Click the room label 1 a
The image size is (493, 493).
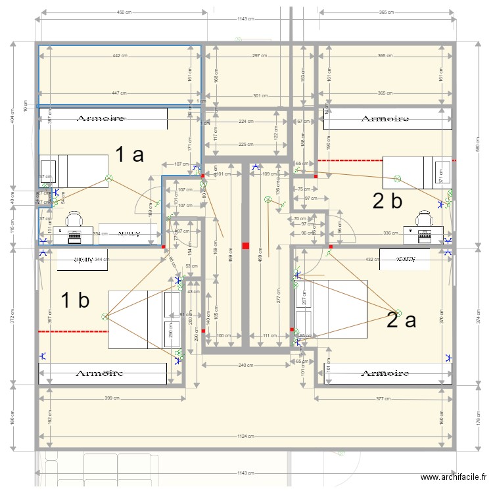(129, 155)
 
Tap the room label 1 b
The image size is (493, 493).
(75, 300)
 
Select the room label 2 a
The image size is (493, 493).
(401, 320)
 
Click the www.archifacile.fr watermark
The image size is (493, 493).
(454, 478)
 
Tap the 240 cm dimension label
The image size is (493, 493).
(246, 365)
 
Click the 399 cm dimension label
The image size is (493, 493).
(112, 398)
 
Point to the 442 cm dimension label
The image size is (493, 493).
(120, 56)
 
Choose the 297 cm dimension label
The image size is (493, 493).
(260, 56)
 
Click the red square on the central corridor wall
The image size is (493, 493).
(245, 246)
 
